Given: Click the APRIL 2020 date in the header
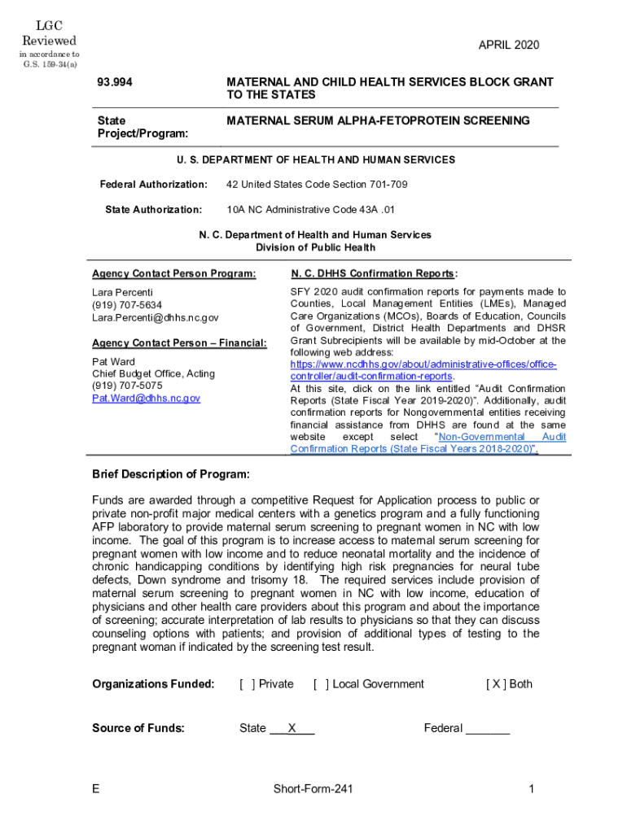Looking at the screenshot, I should (x=508, y=46).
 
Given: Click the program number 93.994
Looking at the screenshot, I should (x=115, y=83).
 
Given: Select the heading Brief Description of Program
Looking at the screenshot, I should (x=171, y=474).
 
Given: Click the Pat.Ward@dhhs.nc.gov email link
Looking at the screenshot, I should (x=146, y=398).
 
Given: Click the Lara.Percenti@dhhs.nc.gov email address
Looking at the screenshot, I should (x=155, y=317).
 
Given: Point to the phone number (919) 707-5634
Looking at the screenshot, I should (x=127, y=305).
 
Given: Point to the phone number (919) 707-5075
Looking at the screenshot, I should (x=127, y=386).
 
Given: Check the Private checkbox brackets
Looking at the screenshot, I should (x=246, y=684).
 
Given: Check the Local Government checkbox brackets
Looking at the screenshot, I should (x=321, y=684).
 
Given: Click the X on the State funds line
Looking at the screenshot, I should (x=292, y=728).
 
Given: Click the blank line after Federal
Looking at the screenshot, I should (x=487, y=729).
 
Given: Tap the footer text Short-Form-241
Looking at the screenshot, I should (x=313, y=789).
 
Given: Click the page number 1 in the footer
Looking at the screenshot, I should (x=530, y=789).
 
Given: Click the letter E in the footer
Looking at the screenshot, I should (x=97, y=789).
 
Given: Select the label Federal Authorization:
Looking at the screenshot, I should (x=153, y=185).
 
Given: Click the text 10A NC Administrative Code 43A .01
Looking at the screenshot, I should (x=310, y=210).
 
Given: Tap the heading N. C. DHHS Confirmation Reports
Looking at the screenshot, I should (x=374, y=274).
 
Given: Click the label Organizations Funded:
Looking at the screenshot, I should (x=153, y=684).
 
